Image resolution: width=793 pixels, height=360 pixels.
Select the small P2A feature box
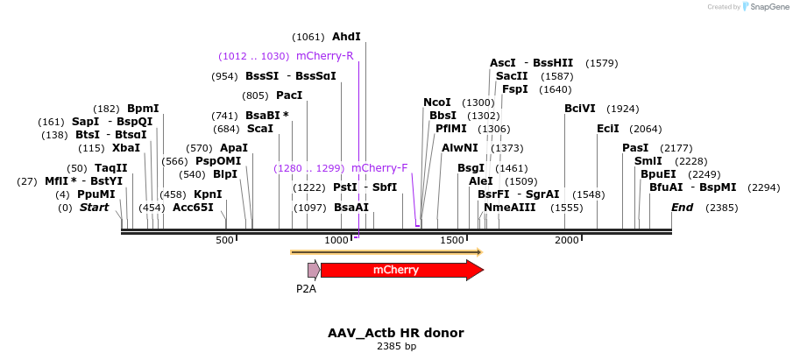[x=313, y=270]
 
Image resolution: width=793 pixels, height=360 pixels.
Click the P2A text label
[x=306, y=287]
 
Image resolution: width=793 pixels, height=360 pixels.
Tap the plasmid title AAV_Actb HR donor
[x=396, y=333]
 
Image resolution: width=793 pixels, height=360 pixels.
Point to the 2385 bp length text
[x=396, y=347]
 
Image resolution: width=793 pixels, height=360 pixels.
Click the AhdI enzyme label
[x=346, y=37]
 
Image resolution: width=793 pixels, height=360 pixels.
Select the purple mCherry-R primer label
[x=324, y=56]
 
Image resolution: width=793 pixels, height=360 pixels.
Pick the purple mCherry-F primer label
[x=379, y=168]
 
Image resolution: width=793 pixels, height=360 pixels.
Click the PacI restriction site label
[x=289, y=95]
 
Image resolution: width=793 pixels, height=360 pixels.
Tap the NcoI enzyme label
[x=436, y=102]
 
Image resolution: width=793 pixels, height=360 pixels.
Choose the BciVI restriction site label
[x=578, y=109]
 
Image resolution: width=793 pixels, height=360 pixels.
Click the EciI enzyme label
[x=607, y=129]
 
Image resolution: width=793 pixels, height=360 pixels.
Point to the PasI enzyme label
[x=635, y=148]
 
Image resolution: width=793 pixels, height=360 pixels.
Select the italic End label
[x=683, y=208]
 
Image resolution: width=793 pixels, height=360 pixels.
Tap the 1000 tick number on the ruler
[x=336, y=240]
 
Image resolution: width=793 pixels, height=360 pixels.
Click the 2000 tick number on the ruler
[x=567, y=240]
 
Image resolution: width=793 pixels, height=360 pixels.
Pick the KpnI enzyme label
[x=208, y=194]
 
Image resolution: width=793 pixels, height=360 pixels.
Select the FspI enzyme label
[x=514, y=89]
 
